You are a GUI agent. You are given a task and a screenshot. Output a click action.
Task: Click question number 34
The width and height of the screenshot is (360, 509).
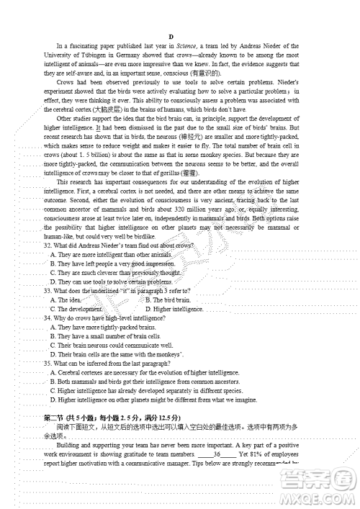coord(48,317)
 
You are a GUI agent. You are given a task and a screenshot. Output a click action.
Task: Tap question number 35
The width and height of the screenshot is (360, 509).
coord(48,363)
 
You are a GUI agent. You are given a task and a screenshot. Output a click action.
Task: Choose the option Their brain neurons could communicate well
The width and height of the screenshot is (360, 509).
coord(108,345)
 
